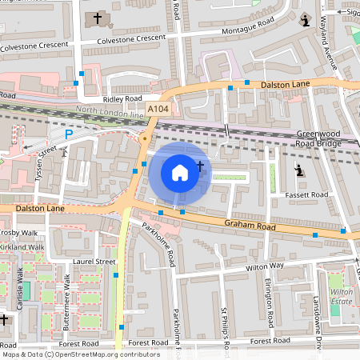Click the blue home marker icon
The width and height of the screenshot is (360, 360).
pos(180,172)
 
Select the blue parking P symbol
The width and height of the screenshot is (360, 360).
pos(69,134)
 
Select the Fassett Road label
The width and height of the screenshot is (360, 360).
pos(310,194)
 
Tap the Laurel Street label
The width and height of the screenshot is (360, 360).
pos(94,261)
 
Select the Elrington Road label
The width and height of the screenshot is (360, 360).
pos(270,304)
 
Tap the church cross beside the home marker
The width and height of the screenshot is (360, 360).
pos(199,167)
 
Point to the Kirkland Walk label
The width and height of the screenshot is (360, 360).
pos(22,247)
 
